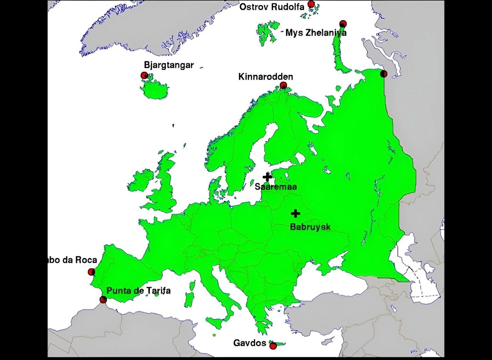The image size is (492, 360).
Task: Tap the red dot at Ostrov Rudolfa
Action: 311,4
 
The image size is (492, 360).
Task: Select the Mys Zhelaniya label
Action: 316,33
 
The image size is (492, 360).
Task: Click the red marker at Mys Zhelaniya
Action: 343,24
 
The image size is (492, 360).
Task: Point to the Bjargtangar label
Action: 169,65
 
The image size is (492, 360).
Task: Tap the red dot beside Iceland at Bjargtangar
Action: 144,75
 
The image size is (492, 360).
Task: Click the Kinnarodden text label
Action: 266,77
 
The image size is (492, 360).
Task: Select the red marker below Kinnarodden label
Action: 283,85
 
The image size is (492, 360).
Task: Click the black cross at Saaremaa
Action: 267,177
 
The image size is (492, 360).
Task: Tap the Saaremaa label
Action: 275,187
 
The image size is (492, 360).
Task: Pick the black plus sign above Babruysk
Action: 295,213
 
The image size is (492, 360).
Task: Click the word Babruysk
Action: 310,227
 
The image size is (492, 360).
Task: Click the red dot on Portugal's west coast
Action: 91,272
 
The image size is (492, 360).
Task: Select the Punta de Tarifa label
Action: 138,290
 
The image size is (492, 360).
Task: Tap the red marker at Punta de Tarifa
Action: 103,300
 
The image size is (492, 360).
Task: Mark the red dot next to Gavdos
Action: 273,346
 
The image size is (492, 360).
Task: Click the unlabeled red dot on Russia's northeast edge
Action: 383,74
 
